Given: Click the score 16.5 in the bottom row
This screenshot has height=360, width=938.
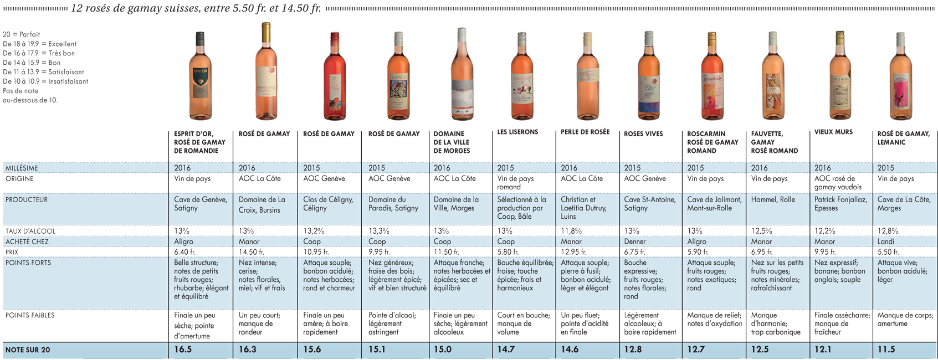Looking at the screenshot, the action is tap(183, 349).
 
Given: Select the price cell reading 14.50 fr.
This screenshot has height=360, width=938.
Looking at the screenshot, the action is tap(251, 252).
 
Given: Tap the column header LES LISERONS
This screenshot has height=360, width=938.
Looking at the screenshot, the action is tap(517, 132).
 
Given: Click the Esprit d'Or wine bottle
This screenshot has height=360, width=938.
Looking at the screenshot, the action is tap(200, 76).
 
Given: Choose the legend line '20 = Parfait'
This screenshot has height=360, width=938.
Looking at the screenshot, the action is tap(22, 34).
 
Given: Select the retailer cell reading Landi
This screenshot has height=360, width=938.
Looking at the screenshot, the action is tap(886, 241).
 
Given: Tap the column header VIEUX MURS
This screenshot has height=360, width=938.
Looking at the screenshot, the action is tap(833, 132).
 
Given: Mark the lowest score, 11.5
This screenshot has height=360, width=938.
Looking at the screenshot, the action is tap(886, 349).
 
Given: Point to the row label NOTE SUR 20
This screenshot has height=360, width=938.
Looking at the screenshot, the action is tap(28, 350).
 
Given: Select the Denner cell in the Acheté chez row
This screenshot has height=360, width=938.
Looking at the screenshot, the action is tap(635, 241).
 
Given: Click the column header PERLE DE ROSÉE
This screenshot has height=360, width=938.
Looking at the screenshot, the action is tap(586, 132).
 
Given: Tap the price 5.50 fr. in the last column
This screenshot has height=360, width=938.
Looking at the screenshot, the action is tap(888, 252).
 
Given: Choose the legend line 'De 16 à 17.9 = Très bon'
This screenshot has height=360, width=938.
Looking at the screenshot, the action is tap(39, 53).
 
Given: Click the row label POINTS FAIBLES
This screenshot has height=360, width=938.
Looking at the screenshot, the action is tap(30, 315).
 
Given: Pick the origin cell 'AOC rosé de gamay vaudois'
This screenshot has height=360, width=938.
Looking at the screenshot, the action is tap(838, 183).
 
